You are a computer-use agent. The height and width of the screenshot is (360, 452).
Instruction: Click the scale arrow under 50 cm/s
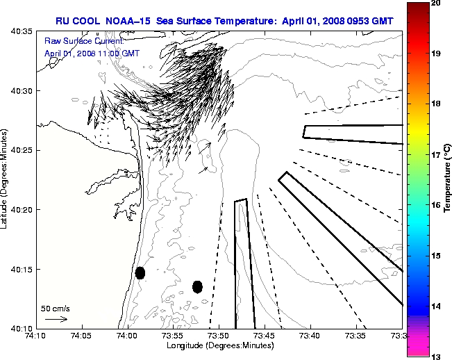tap(56, 319)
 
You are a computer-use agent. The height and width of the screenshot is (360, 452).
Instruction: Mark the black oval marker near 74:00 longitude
tap(140, 272)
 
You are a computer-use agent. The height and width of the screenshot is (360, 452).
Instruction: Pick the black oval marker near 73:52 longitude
tap(197, 286)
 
